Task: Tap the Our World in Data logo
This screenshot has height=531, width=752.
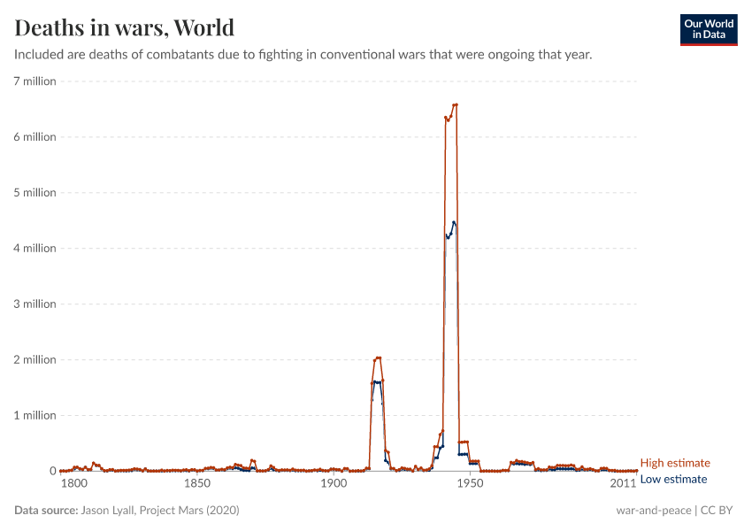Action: (708, 29)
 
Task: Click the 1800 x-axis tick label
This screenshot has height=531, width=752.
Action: (73, 484)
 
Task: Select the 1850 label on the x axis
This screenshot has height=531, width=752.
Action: (196, 484)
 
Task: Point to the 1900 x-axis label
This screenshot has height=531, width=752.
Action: (333, 484)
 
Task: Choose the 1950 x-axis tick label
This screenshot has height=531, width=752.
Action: (470, 484)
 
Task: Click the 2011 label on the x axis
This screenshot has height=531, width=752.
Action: (623, 484)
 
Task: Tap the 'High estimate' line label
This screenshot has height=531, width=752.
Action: (674, 463)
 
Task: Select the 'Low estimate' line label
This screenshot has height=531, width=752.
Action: (673, 479)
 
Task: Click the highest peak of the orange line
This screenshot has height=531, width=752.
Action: (455, 104)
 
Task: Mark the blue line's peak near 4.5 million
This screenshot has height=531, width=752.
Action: (453, 222)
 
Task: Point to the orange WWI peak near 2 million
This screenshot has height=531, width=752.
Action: (379, 358)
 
